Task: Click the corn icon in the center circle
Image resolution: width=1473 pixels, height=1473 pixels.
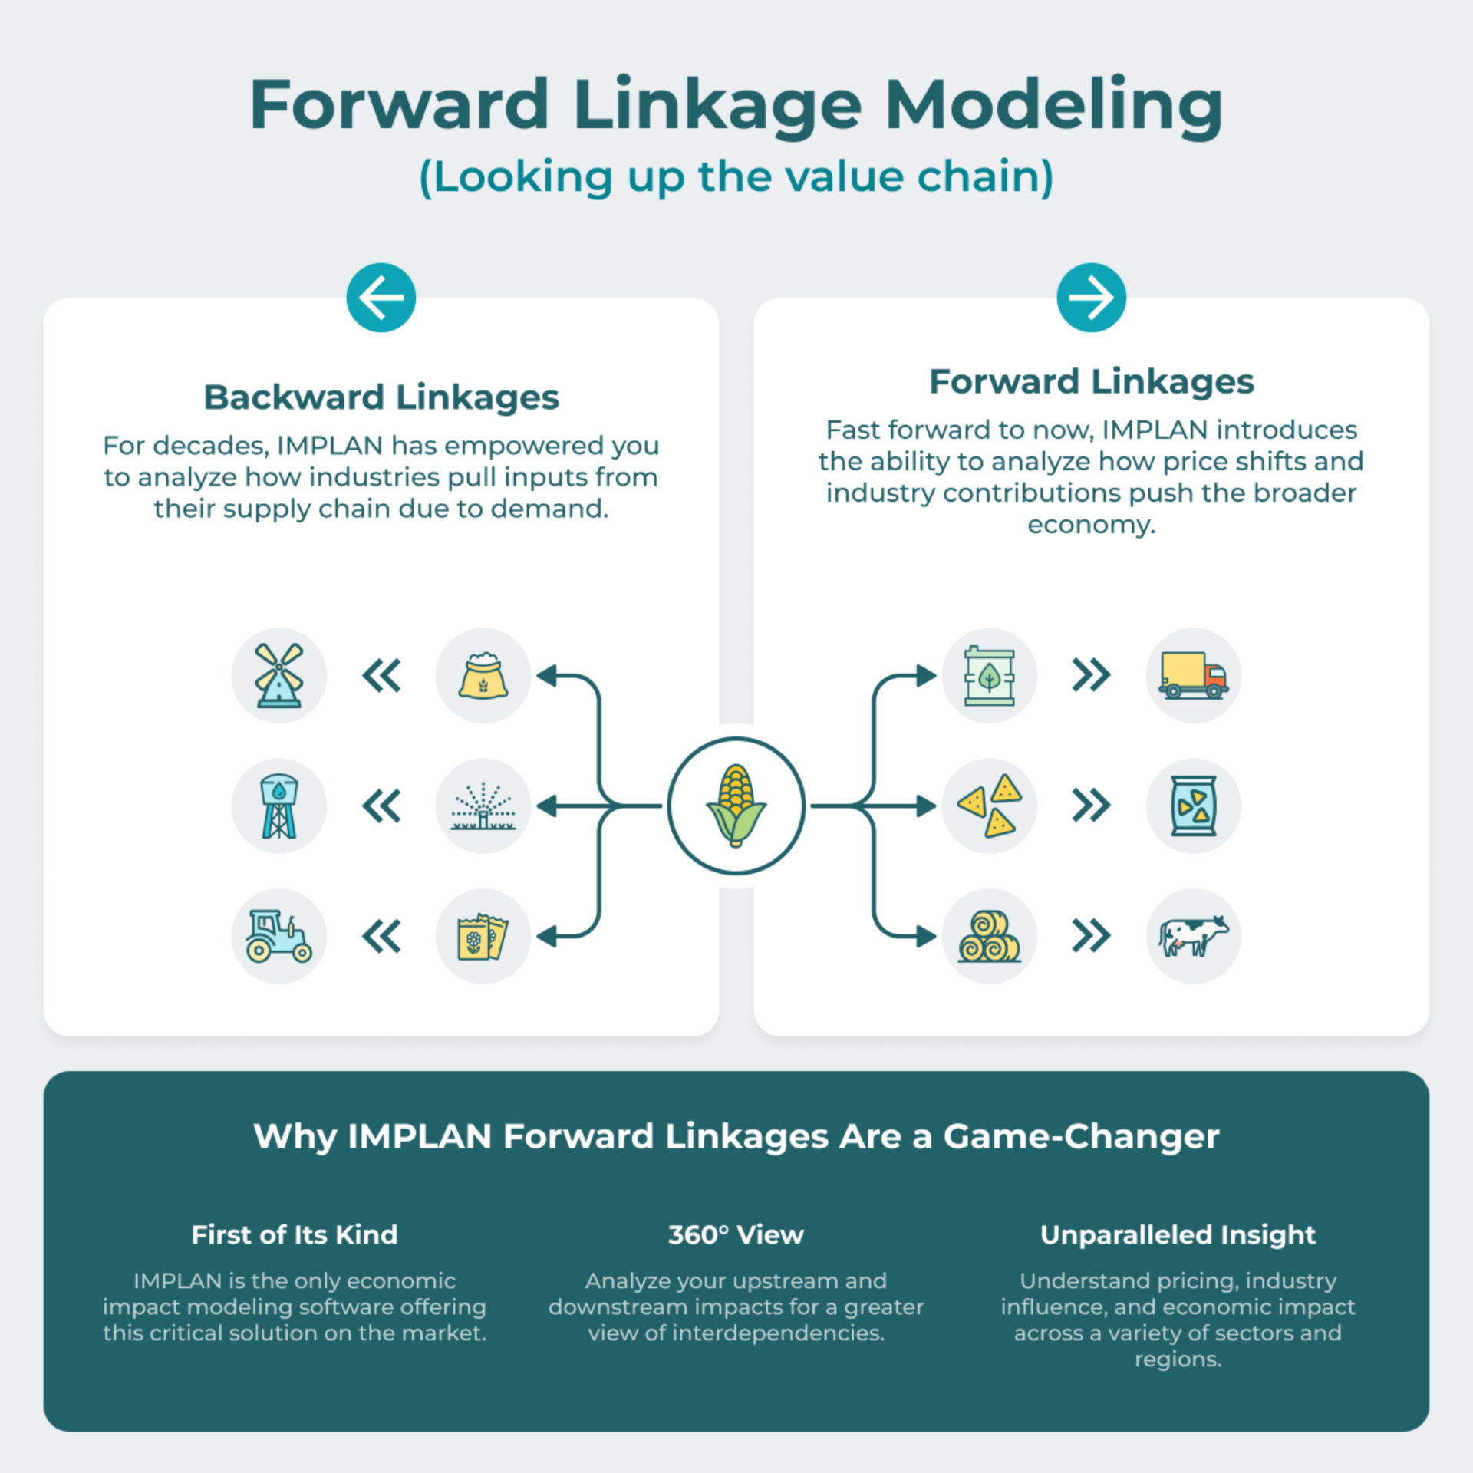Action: coord(736,806)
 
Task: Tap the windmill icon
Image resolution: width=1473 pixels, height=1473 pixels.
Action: coord(279,675)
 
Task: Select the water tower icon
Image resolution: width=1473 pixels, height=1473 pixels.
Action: coord(279,806)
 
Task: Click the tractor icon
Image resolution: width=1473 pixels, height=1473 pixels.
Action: coord(278,936)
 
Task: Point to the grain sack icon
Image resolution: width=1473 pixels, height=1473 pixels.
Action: coord(483,675)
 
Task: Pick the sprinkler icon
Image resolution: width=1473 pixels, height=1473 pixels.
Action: coord(483,806)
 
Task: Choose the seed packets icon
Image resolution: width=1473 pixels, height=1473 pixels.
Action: coord(483,936)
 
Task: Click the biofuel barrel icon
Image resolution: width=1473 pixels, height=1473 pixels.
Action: coord(990,675)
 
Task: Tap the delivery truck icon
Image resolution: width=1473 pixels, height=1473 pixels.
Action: coord(1194,675)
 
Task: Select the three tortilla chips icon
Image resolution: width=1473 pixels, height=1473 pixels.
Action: coord(990,806)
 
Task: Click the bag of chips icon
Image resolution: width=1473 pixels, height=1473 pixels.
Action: coord(1194,806)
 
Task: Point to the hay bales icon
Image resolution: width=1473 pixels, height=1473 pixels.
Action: coord(990,936)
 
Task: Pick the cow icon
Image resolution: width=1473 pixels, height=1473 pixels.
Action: coord(1194,936)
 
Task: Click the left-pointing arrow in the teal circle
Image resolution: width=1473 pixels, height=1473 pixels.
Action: coord(381,298)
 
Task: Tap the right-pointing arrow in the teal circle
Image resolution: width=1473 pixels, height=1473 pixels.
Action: coord(1092,298)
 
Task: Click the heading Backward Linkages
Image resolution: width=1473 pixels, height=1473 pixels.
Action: coord(381,397)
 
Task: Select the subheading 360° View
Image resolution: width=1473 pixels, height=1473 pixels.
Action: coord(736,1234)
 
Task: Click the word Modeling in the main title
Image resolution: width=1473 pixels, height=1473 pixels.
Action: coord(1054,106)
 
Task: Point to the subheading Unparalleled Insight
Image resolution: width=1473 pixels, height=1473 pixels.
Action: coord(1178,1235)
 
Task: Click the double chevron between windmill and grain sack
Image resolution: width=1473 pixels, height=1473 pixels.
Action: coord(381,675)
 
